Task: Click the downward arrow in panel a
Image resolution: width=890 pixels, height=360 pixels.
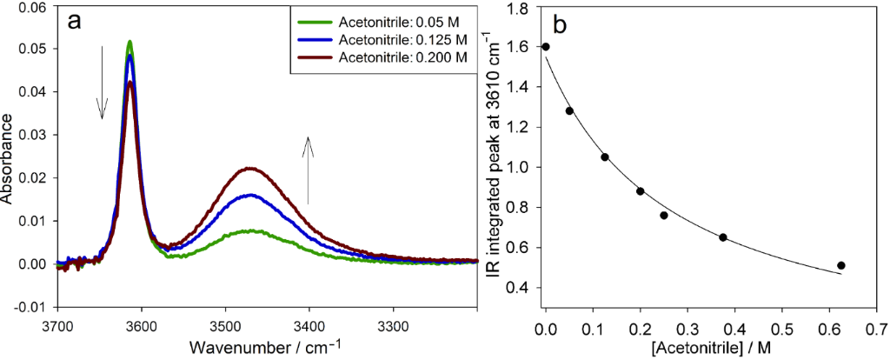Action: click(103, 83)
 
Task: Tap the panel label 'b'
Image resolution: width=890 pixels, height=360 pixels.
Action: click(561, 24)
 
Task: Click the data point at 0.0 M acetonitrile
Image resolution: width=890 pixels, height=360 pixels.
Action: click(546, 47)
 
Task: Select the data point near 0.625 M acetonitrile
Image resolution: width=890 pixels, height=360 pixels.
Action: click(840, 265)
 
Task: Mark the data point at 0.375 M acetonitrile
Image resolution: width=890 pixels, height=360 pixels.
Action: click(723, 237)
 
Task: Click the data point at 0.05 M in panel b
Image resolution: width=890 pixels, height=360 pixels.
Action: click(569, 111)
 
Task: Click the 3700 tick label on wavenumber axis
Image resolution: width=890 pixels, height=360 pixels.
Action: click(57, 325)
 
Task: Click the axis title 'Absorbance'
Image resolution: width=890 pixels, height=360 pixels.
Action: click(8, 157)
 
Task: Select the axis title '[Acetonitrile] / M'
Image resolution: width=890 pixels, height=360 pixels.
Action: click(709, 347)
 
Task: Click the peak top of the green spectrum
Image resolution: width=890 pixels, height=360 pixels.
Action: click(130, 42)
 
